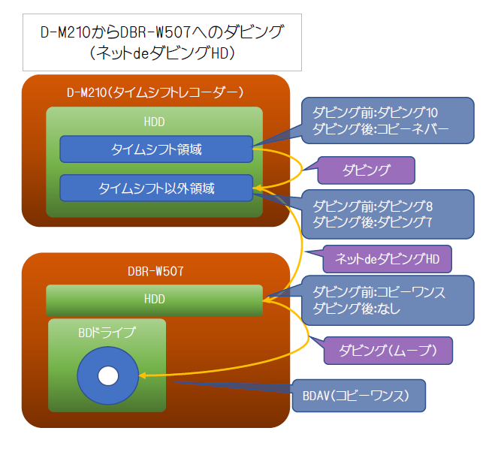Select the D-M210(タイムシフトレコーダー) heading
click(x=155, y=92)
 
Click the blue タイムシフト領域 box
click(x=155, y=149)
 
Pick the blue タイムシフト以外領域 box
click(x=155, y=188)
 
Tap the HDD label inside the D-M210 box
click(x=154, y=122)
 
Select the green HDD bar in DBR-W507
click(x=154, y=300)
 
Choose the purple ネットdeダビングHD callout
click(x=388, y=260)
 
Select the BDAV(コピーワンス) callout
click(x=359, y=395)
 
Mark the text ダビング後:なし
click(x=357, y=309)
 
